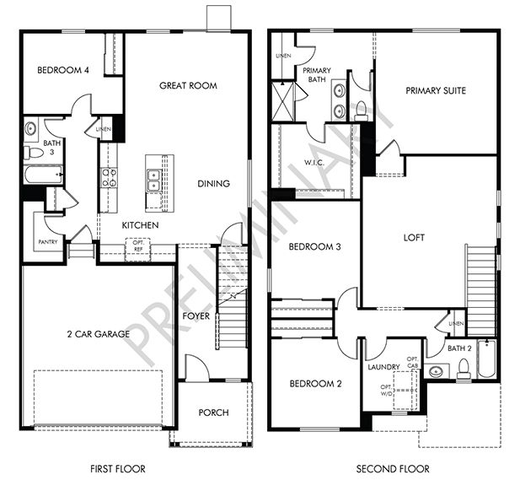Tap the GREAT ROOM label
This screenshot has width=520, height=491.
tap(189, 85)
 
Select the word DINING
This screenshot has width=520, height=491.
tap(214, 183)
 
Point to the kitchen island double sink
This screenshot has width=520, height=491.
tap(154, 180)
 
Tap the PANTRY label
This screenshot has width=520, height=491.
tap(47, 242)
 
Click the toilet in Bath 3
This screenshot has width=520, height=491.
tap(29, 152)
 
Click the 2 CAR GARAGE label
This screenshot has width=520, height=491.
tap(99, 334)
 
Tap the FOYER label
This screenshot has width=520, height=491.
tap(196, 316)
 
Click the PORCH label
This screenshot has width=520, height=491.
tap(213, 413)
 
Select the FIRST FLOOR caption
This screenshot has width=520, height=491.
tap(117, 468)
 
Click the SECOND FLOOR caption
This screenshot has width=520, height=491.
tap(392, 468)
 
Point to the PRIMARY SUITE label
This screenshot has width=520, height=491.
tap(435, 91)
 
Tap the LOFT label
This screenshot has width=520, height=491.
tap(414, 237)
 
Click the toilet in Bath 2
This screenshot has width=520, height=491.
tap(463, 369)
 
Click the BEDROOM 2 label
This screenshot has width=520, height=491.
tap(315, 384)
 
